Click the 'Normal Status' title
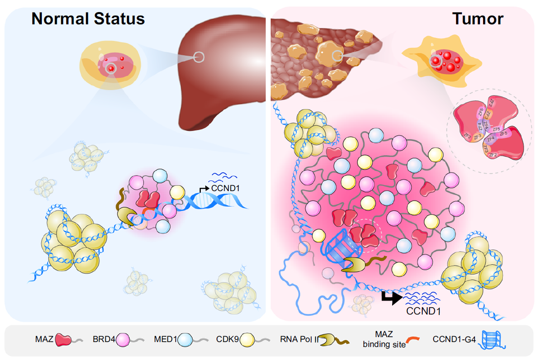pos(88,18)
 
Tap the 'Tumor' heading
pos(478,18)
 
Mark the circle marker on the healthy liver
pos(199,57)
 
